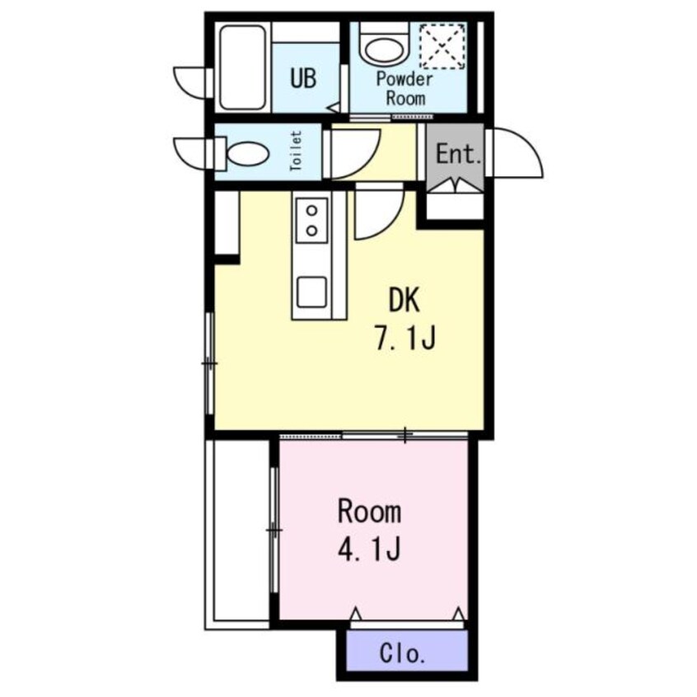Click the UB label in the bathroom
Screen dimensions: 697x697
point(304,77)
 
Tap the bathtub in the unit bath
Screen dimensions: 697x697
point(243,67)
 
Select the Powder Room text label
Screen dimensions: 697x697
point(405,88)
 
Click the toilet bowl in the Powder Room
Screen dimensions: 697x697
point(385,48)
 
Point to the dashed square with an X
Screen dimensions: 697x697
point(442,46)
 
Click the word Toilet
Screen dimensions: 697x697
point(296,151)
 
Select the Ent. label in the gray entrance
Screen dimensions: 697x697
point(458,154)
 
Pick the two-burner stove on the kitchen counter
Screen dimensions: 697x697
point(312,220)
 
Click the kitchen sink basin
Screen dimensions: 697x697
point(312,292)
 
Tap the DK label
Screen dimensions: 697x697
point(404,300)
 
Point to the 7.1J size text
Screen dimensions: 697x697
point(404,338)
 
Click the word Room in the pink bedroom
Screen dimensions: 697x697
point(369,512)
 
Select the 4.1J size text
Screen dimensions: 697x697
point(369,550)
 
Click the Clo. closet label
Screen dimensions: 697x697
point(402,654)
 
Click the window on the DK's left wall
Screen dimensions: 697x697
point(210,363)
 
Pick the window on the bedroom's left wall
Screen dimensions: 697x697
point(274,530)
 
